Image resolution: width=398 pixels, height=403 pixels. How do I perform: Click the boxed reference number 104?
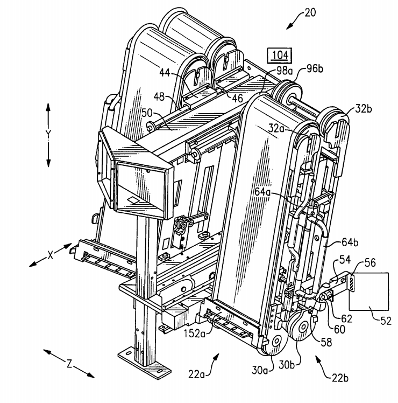pyautogui.click(x=280, y=55)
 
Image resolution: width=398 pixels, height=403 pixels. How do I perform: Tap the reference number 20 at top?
pyautogui.click(x=310, y=12)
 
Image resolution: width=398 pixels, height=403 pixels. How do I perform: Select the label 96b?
pyautogui.click(x=315, y=69)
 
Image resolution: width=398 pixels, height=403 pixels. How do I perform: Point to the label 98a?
pyautogui.click(x=285, y=71)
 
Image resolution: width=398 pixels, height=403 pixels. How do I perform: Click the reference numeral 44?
pyautogui.click(x=165, y=73)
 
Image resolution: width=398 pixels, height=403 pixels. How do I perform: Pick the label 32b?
pyautogui.click(x=364, y=109)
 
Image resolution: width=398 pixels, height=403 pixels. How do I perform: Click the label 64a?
pyautogui.click(x=262, y=192)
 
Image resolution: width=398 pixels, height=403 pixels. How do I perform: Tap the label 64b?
pyautogui.click(x=350, y=242)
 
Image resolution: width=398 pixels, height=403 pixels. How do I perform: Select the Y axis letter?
pyautogui.click(x=48, y=134)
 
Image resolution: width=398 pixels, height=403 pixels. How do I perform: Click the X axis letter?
pyautogui.click(x=51, y=255)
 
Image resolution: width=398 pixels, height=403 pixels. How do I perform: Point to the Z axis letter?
pyautogui.click(x=69, y=364)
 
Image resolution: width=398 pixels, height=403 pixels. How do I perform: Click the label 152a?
pyautogui.click(x=195, y=333)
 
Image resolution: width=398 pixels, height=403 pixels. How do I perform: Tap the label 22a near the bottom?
pyautogui.click(x=196, y=374)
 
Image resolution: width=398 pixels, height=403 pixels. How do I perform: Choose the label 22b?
pyautogui.click(x=340, y=378)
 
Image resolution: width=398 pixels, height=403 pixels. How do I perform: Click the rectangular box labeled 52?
pyautogui.click(x=369, y=291)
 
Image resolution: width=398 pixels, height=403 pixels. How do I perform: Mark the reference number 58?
pyautogui.click(x=326, y=342)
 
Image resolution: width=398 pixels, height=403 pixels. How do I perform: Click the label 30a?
pyautogui.click(x=260, y=370)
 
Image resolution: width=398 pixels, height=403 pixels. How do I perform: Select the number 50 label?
pyautogui.click(x=147, y=113)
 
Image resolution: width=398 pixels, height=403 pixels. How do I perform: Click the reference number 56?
pyautogui.click(x=370, y=263)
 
